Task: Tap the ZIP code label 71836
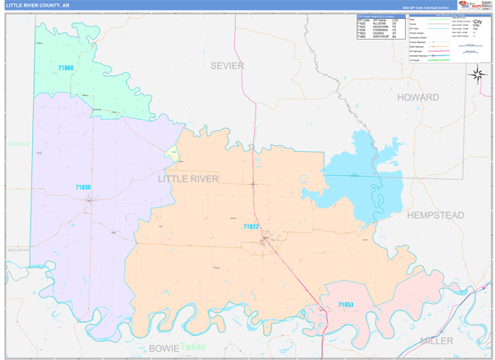82,188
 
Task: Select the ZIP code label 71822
251,226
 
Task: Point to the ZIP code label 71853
346,305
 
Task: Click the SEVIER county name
227,65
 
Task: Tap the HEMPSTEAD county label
435,216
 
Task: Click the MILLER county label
436,340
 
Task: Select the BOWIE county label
163,348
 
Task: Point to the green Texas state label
193,347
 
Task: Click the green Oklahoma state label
18,144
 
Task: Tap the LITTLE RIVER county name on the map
188,178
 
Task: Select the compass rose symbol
478,74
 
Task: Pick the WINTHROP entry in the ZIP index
376,36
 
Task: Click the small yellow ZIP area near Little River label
173,154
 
